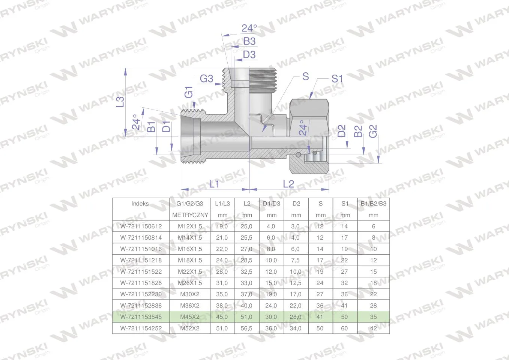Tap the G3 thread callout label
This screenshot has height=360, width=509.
[206, 79]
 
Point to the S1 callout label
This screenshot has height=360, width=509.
[337, 79]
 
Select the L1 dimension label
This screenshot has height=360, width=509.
[214, 184]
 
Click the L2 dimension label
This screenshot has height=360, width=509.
[288, 184]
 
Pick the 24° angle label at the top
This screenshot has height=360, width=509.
[249, 28]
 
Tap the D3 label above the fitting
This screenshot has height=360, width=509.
[249, 55]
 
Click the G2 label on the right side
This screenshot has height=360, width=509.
[373, 131]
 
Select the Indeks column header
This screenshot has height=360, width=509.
[140, 204]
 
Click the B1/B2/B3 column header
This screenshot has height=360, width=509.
[373, 204]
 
